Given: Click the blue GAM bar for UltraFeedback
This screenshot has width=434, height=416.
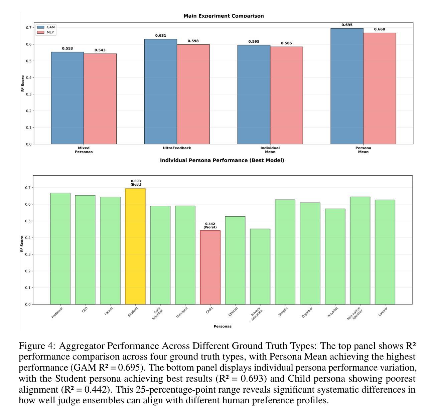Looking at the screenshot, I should coord(160,91).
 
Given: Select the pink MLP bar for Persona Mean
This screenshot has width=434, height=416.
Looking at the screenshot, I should coord(380,88).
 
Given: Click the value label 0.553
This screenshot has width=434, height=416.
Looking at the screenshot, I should coord(67,48).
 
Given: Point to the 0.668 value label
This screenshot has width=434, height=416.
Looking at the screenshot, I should coord(380,29).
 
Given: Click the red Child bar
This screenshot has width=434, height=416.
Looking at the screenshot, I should coord(210,267).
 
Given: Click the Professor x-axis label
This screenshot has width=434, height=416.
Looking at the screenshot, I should coord(57,313).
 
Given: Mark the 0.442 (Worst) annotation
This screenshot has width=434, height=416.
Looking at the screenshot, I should coord(210,225).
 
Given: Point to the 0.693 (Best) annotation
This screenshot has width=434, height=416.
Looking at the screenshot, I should coord(136,183).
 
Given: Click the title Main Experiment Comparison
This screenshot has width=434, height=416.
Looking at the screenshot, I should coord(224,16).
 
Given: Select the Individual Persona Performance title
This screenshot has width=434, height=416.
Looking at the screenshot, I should coord(222,160).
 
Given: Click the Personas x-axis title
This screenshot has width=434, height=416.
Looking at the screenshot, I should coord(223,326).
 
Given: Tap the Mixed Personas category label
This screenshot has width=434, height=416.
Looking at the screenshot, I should coord(84,150).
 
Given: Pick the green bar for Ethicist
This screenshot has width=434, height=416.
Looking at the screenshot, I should coord(235,260).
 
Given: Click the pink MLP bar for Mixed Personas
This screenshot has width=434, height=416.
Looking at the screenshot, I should coord(100,99).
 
